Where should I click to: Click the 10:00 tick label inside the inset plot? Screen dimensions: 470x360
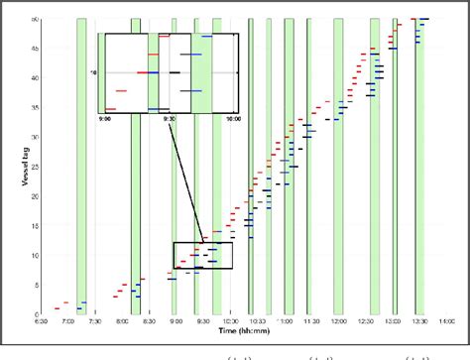point(233,118)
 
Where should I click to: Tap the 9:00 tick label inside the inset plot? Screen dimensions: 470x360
point(105,118)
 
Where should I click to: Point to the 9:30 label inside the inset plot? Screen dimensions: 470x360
point(170,118)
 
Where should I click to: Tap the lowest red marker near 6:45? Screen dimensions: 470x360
point(58,307)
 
